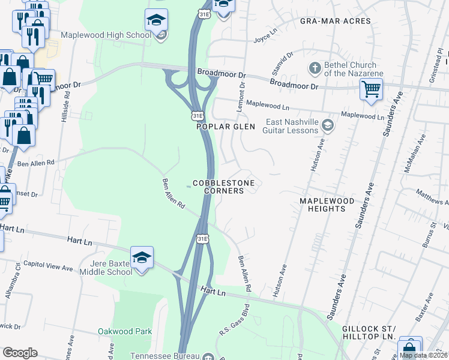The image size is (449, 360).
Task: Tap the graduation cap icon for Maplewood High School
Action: click(x=156, y=21)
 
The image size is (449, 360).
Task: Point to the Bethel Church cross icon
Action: click(x=314, y=67)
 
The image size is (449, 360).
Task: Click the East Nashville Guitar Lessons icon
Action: click(x=328, y=125)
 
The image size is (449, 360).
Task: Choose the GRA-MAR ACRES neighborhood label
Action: click(x=335, y=21)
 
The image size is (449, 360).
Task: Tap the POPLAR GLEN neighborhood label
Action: click(x=226, y=127)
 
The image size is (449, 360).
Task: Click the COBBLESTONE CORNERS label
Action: click(x=223, y=187)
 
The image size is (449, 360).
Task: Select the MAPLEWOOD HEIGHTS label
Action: click(x=324, y=205)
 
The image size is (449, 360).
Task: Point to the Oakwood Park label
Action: click(x=125, y=331)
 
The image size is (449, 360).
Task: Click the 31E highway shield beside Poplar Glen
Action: click(x=197, y=115)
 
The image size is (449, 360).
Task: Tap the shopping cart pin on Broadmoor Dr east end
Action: click(x=371, y=89)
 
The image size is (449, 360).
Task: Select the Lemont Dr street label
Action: click(x=243, y=93)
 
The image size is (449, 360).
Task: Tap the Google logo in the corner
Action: click(x=20, y=353)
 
